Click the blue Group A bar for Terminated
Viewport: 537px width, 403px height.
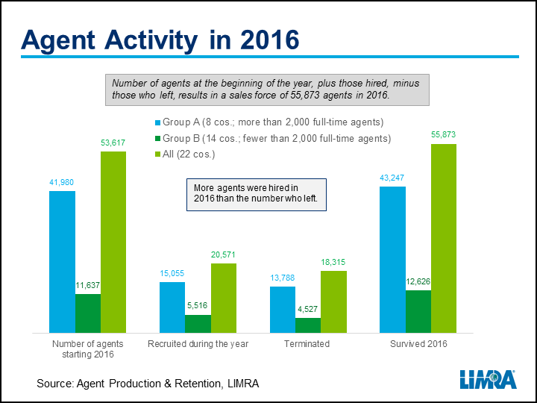point(283,310)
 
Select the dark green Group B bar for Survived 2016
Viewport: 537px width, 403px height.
point(418,311)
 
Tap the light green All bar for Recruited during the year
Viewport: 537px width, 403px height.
point(224,298)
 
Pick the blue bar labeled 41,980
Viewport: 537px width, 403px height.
point(62,262)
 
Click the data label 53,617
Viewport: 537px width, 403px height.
point(113,143)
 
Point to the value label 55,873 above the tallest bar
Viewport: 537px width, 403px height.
point(444,134)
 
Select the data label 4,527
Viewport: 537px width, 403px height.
point(307,309)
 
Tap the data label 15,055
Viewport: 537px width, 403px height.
point(172,273)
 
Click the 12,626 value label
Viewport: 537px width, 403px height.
point(418,281)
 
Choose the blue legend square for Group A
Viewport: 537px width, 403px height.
point(157,122)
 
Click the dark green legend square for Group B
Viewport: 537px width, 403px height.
point(157,139)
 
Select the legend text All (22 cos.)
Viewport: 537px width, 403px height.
point(189,154)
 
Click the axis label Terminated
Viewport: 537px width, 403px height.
point(307,344)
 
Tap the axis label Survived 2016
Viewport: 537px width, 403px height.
point(418,344)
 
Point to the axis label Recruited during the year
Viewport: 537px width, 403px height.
point(198,344)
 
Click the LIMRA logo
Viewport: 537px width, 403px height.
point(489,379)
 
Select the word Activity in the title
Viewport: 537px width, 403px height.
point(151,41)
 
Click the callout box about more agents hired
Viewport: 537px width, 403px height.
point(257,195)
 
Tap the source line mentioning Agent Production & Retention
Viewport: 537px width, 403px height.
point(148,383)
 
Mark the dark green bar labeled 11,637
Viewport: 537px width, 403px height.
point(88,313)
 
